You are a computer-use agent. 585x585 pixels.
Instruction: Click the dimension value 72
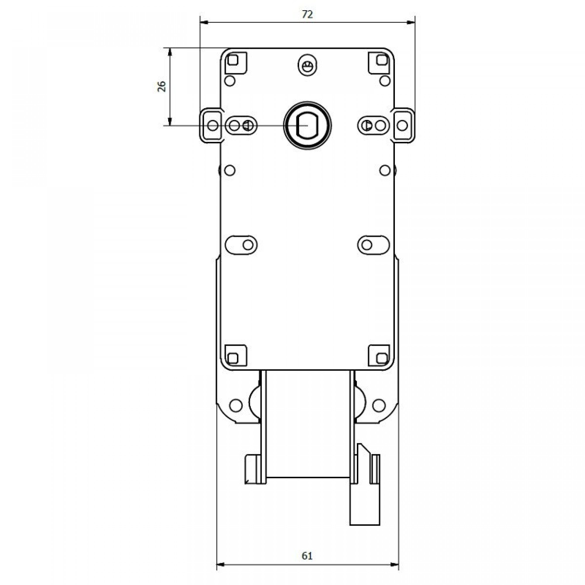click(307, 14)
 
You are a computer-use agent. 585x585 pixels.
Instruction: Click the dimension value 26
click(162, 86)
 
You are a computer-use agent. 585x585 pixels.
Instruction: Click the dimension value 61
click(307, 556)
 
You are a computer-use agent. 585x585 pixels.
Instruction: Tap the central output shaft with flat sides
click(307, 125)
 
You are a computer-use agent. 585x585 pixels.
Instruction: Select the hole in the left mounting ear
click(213, 125)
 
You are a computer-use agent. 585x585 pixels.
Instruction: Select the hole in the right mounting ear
click(402, 125)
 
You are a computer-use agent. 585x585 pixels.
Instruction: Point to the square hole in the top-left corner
click(233, 60)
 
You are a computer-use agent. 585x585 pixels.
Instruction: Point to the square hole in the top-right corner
click(382, 60)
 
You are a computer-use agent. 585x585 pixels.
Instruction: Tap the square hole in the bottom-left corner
click(233, 358)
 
